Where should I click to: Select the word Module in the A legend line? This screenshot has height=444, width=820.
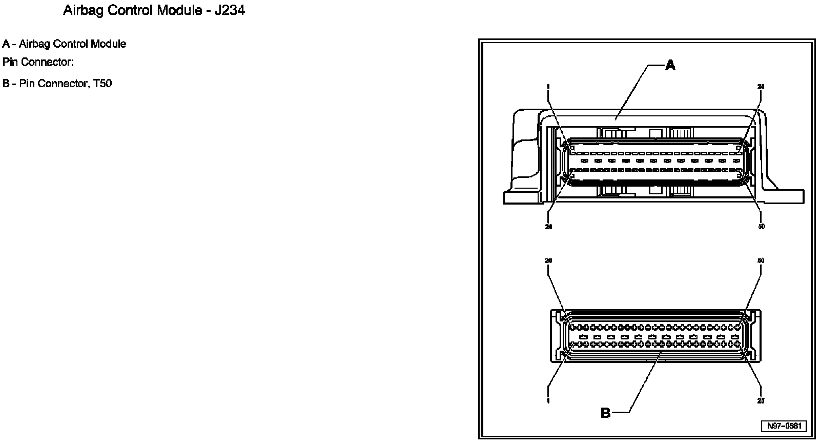[108, 44]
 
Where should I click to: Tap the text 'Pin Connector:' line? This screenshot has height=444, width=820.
[38, 63]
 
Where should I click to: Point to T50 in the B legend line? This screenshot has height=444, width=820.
[102, 84]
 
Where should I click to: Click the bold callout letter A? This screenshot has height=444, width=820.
[670, 65]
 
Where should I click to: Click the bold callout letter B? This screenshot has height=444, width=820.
[605, 413]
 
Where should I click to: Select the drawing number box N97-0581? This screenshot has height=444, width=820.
[784, 426]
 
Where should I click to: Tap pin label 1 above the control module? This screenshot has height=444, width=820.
[548, 87]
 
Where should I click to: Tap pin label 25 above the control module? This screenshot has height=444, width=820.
[761, 87]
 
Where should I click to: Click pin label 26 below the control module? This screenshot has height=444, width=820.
[548, 227]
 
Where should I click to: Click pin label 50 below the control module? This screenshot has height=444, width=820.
[761, 227]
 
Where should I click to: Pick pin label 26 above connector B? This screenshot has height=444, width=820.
[548, 261]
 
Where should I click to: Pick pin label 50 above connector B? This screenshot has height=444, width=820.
[761, 261]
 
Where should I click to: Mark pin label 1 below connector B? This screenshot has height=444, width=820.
[548, 401]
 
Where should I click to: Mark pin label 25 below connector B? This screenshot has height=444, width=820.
[761, 401]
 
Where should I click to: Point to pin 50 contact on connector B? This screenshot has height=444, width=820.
[738, 327]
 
